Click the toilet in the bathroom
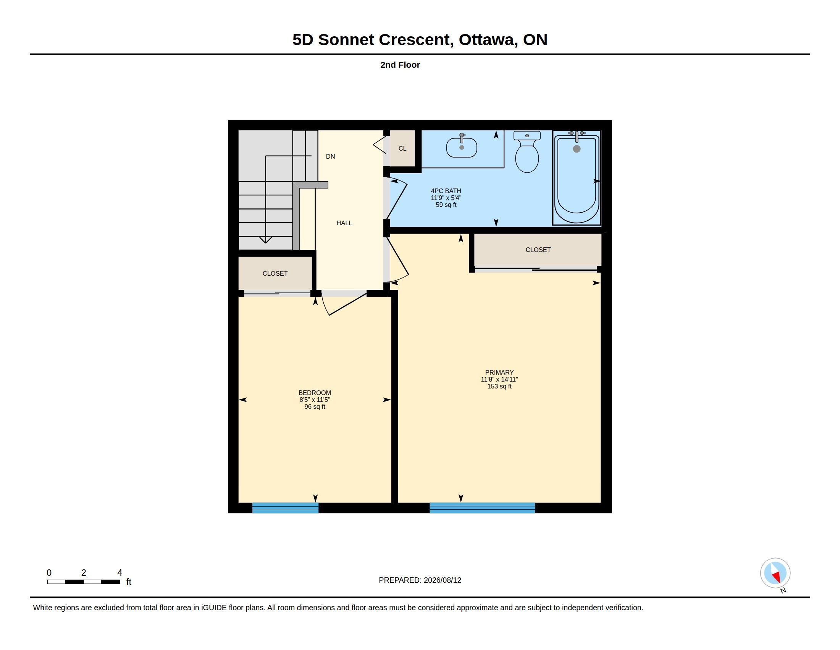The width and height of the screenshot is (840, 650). (x=527, y=152)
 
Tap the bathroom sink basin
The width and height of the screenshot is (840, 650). (x=462, y=148)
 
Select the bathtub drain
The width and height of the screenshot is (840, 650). (x=577, y=149)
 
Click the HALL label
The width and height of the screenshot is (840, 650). (x=344, y=223)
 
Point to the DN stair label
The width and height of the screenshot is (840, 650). (x=330, y=156)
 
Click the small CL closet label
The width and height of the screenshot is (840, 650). (x=402, y=148)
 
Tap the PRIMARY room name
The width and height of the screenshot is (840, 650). (x=499, y=372)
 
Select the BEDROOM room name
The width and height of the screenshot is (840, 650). (x=315, y=393)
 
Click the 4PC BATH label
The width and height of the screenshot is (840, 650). (x=446, y=191)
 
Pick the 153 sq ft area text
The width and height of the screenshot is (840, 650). (x=499, y=386)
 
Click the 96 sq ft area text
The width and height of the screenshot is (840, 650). (x=315, y=407)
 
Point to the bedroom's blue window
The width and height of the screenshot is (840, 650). (x=285, y=508)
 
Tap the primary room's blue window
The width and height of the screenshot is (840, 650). (x=482, y=508)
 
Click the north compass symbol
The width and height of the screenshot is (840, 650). (x=775, y=574)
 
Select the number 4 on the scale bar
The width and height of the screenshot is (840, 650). (x=120, y=573)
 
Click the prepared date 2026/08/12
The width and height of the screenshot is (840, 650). (x=442, y=580)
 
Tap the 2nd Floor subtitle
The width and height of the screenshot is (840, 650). (x=400, y=65)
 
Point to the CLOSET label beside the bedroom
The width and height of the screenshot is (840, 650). (x=275, y=273)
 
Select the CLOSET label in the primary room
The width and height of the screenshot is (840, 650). (x=538, y=250)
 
